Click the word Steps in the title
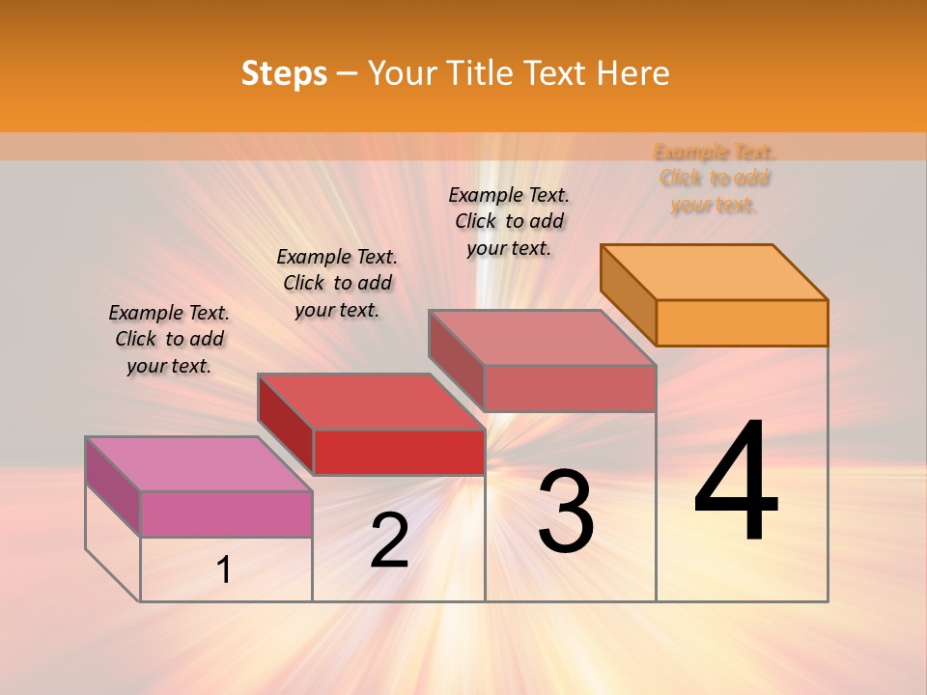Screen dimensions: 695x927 pyautogui.click(x=284, y=73)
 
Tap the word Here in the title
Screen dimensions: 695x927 pyautogui.click(x=632, y=73)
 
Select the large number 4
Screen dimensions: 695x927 pyautogui.click(x=736, y=483)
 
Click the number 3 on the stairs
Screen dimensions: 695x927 pyautogui.click(x=565, y=512)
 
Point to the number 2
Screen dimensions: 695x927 pyautogui.click(x=389, y=541)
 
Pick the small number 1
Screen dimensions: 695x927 pyautogui.click(x=224, y=570)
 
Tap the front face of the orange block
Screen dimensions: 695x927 pyautogui.click(x=742, y=322)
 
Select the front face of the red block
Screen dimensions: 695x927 pyautogui.click(x=399, y=452)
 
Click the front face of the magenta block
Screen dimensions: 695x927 pyautogui.click(x=226, y=514)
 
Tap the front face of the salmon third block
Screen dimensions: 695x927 pyautogui.click(x=570, y=388)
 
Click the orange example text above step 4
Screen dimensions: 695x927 pyautogui.click(x=715, y=179)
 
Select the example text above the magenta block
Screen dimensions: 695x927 pyautogui.click(x=169, y=339)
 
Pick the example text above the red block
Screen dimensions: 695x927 pyautogui.click(x=337, y=283)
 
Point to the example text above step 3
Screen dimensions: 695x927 pyautogui.click(x=509, y=221)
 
